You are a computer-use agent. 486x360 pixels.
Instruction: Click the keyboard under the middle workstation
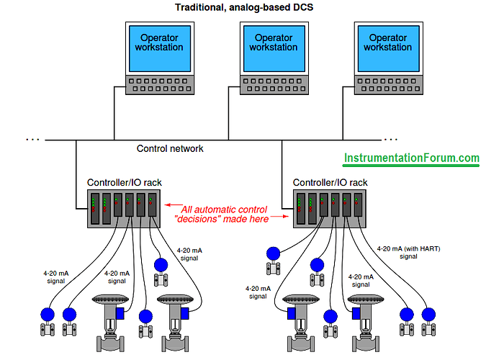[x=274, y=85]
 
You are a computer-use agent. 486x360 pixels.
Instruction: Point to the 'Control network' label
[x=170, y=148]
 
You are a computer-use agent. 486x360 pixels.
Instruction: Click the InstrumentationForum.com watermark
[x=411, y=158]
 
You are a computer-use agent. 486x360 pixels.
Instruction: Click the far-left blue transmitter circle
[x=48, y=315]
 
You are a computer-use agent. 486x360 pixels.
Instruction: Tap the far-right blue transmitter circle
[x=428, y=314]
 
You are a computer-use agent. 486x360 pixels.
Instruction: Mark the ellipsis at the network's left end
[x=33, y=138]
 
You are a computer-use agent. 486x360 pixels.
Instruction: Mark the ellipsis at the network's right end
[x=390, y=138]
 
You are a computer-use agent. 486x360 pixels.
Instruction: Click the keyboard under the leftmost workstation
[x=158, y=85]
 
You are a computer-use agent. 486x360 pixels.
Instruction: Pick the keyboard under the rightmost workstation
[x=387, y=85]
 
